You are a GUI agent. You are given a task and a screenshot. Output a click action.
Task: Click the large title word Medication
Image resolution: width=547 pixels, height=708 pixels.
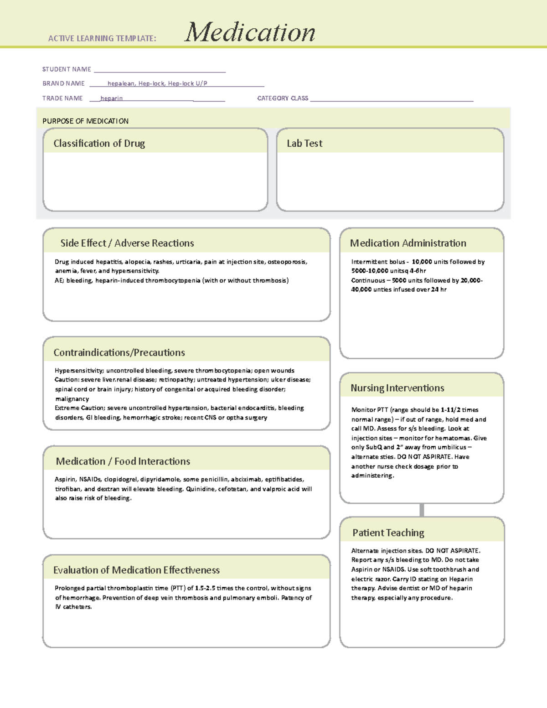tap(249, 32)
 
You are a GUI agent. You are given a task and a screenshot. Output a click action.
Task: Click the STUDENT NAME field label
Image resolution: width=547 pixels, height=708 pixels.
tap(67, 69)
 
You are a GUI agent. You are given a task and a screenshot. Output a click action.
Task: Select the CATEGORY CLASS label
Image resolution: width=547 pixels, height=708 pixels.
tap(283, 98)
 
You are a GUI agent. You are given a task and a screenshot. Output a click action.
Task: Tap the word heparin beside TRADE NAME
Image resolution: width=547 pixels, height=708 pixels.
tap(111, 98)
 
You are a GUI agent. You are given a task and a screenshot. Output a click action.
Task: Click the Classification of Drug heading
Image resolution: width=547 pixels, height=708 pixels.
tap(99, 143)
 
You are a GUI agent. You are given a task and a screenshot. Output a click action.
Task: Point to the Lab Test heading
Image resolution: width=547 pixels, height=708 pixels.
tap(304, 143)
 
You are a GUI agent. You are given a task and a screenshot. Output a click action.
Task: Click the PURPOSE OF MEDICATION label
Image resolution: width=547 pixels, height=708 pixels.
tap(85, 121)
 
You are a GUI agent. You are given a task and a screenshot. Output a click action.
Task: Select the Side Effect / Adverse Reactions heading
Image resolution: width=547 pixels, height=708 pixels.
tap(127, 243)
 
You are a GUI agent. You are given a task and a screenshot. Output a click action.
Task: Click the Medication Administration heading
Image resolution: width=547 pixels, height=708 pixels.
tap(408, 243)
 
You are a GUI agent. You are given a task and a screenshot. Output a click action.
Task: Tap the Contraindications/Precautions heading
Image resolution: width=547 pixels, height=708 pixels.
tap(119, 352)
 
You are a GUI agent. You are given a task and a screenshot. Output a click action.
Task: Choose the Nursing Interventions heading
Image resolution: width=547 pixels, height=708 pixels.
tap(397, 388)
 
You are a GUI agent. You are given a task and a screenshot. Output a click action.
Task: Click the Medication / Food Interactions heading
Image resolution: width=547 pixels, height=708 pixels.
tap(123, 461)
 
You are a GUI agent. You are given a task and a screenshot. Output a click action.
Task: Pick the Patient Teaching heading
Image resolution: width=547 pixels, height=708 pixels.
tap(388, 532)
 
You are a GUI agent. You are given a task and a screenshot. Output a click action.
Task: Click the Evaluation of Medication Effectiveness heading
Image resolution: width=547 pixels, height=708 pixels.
tap(136, 570)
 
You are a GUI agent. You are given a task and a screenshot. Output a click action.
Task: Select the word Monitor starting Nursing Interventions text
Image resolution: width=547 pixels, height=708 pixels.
tap(363, 410)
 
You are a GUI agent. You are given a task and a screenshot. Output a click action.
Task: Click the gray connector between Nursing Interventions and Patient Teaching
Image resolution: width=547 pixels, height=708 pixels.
tap(422, 510)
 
